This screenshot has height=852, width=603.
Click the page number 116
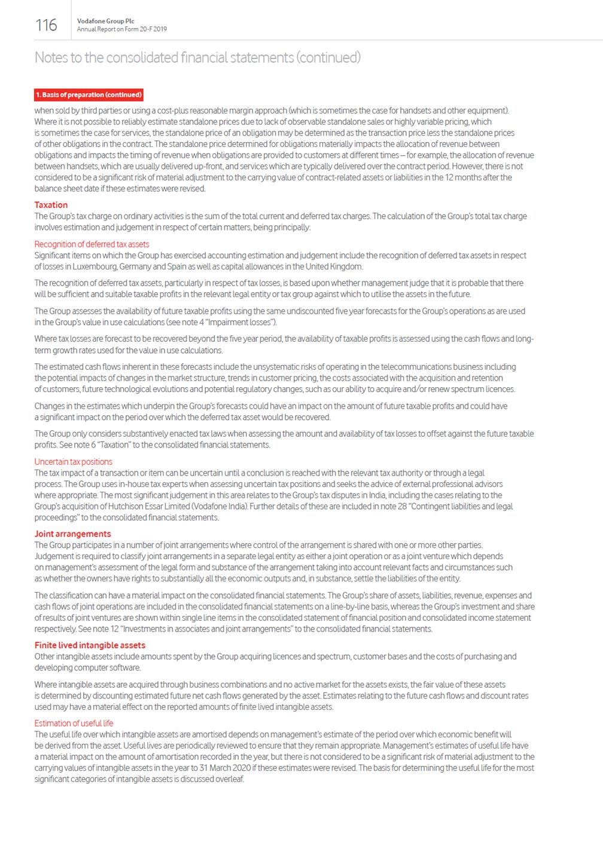click(x=46, y=25)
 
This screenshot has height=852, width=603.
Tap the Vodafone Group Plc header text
click(x=105, y=21)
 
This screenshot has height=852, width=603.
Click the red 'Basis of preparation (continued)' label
click(x=89, y=95)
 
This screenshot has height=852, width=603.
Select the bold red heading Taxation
click(x=51, y=205)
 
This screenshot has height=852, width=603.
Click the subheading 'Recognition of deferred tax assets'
click(x=92, y=244)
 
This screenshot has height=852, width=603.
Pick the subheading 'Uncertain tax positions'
click(x=73, y=461)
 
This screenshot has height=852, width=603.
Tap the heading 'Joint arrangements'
click(x=72, y=534)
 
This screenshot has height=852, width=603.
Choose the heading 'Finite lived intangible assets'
click(x=90, y=645)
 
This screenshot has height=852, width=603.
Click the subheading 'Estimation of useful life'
click(x=74, y=723)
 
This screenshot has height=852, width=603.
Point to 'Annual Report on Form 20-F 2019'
click(x=122, y=29)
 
